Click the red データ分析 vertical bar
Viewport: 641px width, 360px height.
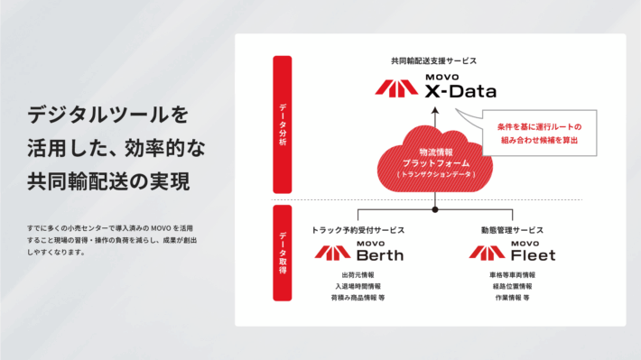pyautogui.click(x=283, y=124)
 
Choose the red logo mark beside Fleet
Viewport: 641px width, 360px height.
pyautogui.click(x=487, y=252)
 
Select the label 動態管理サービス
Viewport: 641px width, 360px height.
pyautogui.click(x=513, y=230)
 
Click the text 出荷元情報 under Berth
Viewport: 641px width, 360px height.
pyautogui.click(x=358, y=275)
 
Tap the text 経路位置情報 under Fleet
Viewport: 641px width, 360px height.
pyautogui.click(x=512, y=286)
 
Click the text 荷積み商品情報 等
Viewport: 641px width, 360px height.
pyautogui.click(x=358, y=297)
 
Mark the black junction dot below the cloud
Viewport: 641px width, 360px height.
pyautogui.click(x=434, y=209)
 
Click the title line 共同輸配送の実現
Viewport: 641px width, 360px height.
pyautogui.click(x=109, y=180)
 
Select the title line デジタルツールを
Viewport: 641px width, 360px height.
pyautogui.click(x=108, y=115)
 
